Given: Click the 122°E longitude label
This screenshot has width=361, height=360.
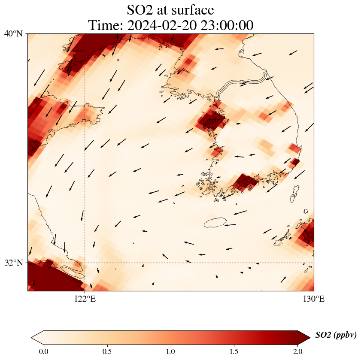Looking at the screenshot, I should click(x=85, y=299).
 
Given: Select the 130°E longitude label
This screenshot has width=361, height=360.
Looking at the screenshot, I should click(x=314, y=299).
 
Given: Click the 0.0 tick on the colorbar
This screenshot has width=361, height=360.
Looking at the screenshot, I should click(x=44, y=351).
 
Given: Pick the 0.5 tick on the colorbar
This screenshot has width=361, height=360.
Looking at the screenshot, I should click(x=107, y=351).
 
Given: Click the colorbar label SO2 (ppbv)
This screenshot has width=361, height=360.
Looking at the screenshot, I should click(x=336, y=335).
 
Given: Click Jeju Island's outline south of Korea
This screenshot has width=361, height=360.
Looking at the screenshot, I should click(x=215, y=223).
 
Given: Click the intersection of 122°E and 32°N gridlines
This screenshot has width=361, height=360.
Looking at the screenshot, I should click(x=85, y=263).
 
